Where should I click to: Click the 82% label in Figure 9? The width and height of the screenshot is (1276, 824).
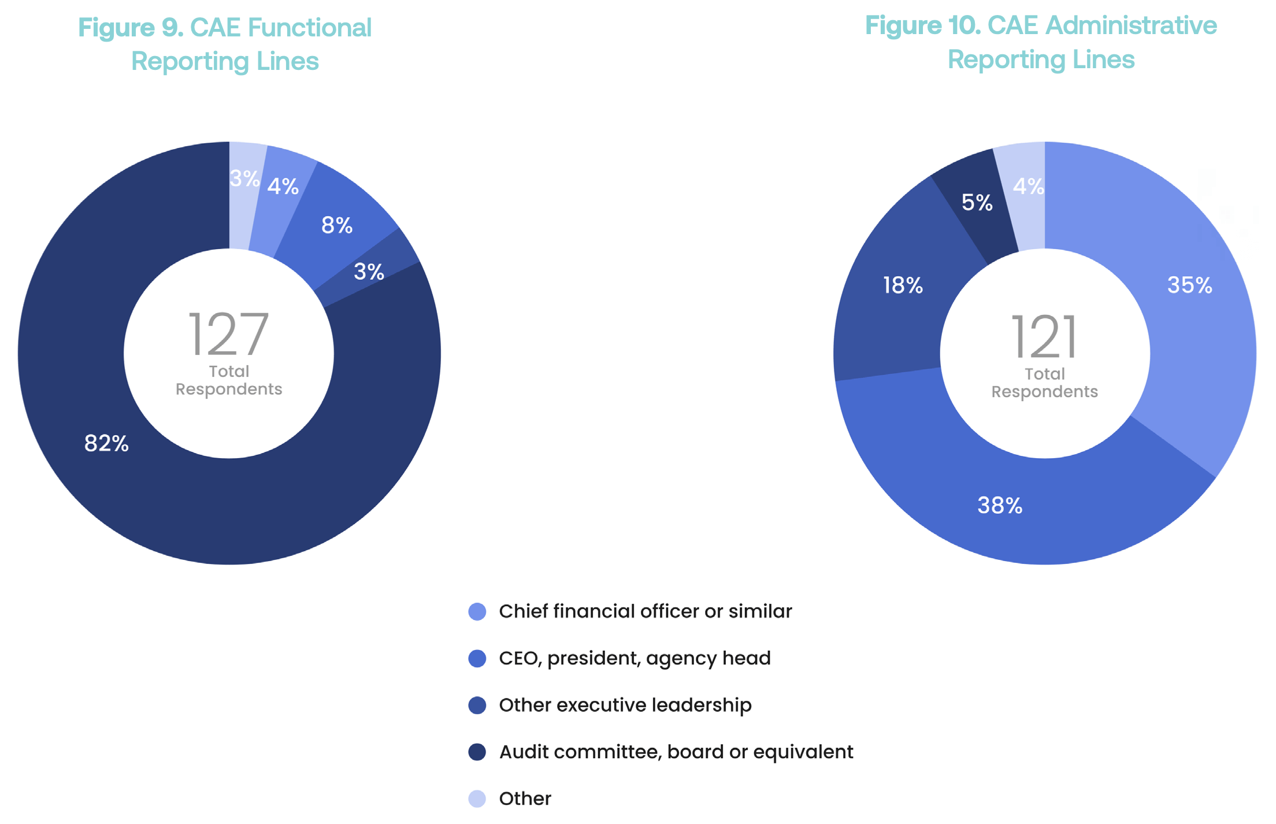[x=106, y=443]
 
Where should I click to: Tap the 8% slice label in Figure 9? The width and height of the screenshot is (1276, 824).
[x=337, y=225]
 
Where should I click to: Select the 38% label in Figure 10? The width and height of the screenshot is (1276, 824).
[x=1000, y=505]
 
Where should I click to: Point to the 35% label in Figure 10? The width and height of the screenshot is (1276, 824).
[x=1189, y=285]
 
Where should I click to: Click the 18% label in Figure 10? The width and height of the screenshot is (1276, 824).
[x=903, y=285]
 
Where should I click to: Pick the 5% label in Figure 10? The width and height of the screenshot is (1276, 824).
[x=977, y=202]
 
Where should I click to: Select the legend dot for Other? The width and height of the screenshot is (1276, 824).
[x=477, y=799]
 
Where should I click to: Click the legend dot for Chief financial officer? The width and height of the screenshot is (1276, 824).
[x=477, y=611]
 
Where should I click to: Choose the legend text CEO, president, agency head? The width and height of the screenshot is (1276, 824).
[x=635, y=658]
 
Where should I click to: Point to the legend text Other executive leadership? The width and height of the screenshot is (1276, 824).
[x=625, y=705]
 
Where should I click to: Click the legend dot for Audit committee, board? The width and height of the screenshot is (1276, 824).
[x=477, y=752]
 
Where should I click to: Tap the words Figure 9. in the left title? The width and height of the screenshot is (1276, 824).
[x=131, y=28]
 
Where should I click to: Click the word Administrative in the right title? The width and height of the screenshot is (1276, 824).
[x=1131, y=25]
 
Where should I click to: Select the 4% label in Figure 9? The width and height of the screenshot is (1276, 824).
[x=283, y=186]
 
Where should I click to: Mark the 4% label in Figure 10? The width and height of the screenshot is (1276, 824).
[x=1028, y=186]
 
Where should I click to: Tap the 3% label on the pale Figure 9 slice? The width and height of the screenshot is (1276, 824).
[x=244, y=179]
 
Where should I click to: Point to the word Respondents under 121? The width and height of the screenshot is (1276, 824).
[x=1044, y=392]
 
